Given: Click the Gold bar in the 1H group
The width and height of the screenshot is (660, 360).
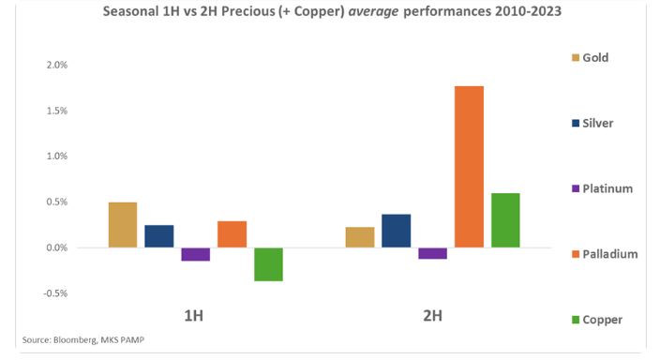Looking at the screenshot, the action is coord(123,225).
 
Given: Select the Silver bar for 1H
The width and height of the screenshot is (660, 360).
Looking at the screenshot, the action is coord(159,236).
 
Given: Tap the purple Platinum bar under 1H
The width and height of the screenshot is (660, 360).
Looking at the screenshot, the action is coord(196,254).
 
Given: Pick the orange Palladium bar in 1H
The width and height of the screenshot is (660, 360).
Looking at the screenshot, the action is coord(232,234).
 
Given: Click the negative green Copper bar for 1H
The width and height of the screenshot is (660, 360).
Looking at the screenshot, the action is coord(268,264).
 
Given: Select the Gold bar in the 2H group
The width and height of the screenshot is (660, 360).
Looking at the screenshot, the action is coord(360,237).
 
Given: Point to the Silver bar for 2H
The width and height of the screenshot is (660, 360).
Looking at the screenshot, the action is coord(396,231).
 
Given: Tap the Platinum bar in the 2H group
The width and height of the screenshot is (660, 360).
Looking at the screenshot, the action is coord(433,253).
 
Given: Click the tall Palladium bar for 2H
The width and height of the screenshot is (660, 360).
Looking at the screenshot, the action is coord(470,167).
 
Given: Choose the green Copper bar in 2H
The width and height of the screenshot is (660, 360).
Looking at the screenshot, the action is coord(505,220).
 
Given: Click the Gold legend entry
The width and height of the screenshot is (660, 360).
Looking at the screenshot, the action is coord(590,58).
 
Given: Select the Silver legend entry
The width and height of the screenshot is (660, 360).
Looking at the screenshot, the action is coord(592,124).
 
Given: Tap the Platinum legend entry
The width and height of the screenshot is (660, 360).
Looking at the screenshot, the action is coord(602,188).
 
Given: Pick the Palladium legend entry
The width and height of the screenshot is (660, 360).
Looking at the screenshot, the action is coord(605,254).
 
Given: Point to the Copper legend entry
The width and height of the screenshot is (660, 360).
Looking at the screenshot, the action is coord(597,320).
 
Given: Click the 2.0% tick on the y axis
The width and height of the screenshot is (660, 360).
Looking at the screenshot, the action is coord(57,65).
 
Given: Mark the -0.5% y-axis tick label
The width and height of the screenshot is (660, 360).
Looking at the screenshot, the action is coord(55,293).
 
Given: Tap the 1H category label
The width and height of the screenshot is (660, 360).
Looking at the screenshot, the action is coord(194,316).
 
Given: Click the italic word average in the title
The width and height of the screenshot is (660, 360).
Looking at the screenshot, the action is coord(373,11).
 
